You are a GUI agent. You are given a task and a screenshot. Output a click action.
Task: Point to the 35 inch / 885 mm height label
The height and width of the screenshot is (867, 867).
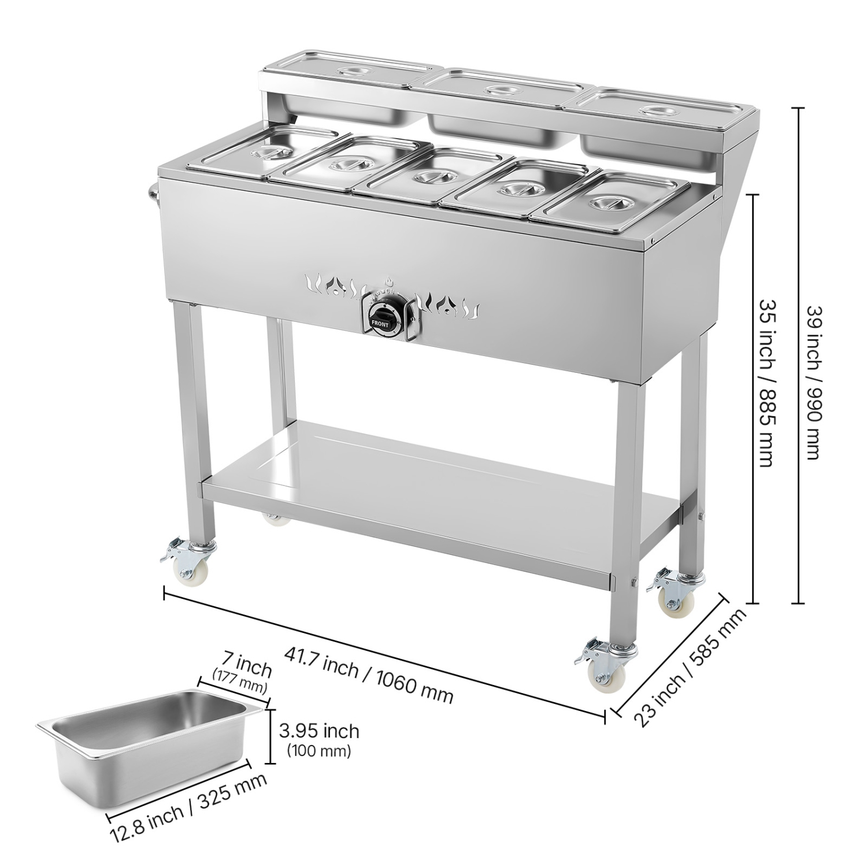pyautogui.click(x=766, y=383)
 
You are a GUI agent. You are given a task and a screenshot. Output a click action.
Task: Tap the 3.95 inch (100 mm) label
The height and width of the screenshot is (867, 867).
pyautogui.click(x=318, y=739)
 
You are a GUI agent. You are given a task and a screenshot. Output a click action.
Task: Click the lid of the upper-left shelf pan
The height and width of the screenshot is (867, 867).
pyautogui.click(x=349, y=72)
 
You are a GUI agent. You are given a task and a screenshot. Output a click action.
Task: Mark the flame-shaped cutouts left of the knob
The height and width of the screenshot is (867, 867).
pyautogui.click(x=335, y=286)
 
